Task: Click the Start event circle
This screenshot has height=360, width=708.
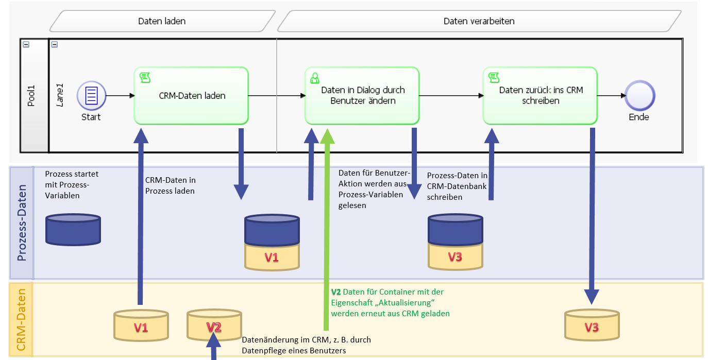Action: click(91, 95)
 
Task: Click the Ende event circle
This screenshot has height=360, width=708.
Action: click(639, 95)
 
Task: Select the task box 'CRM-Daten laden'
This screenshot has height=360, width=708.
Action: click(191, 95)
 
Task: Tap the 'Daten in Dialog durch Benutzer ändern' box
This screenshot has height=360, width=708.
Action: click(362, 95)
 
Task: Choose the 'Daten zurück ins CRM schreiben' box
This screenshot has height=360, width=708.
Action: click(541, 95)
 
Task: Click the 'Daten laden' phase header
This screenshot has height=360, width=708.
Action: click(162, 21)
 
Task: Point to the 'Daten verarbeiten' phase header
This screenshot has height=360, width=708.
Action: click(479, 21)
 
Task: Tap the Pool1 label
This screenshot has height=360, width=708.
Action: click(31, 95)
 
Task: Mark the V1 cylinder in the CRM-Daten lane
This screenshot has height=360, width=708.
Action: click(141, 325)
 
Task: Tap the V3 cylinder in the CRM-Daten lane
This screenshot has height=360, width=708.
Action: click(592, 325)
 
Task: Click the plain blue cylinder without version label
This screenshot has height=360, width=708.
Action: click(73, 229)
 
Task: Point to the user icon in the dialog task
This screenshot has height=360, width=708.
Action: click(314, 78)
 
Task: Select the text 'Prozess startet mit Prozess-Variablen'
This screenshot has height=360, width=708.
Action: click(72, 185)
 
